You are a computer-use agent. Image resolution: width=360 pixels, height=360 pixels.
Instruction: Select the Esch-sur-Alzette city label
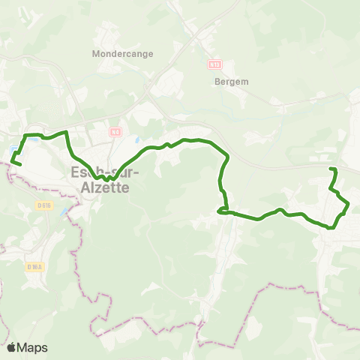click(100, 178)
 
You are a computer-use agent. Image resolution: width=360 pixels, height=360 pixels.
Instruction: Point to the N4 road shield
click(115, 132)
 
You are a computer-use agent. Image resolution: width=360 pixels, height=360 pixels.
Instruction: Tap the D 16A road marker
click(34, 266)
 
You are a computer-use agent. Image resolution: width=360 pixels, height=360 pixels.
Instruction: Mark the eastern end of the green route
click(331, 169)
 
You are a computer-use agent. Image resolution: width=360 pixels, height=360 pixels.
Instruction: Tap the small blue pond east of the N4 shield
click(136, 140)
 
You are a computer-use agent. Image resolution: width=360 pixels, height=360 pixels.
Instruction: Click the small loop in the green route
click(223, 211)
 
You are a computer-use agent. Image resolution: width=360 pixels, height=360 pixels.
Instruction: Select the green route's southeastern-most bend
click(331, 226)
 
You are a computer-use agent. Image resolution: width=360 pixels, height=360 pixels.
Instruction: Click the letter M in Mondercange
click(94, 54)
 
